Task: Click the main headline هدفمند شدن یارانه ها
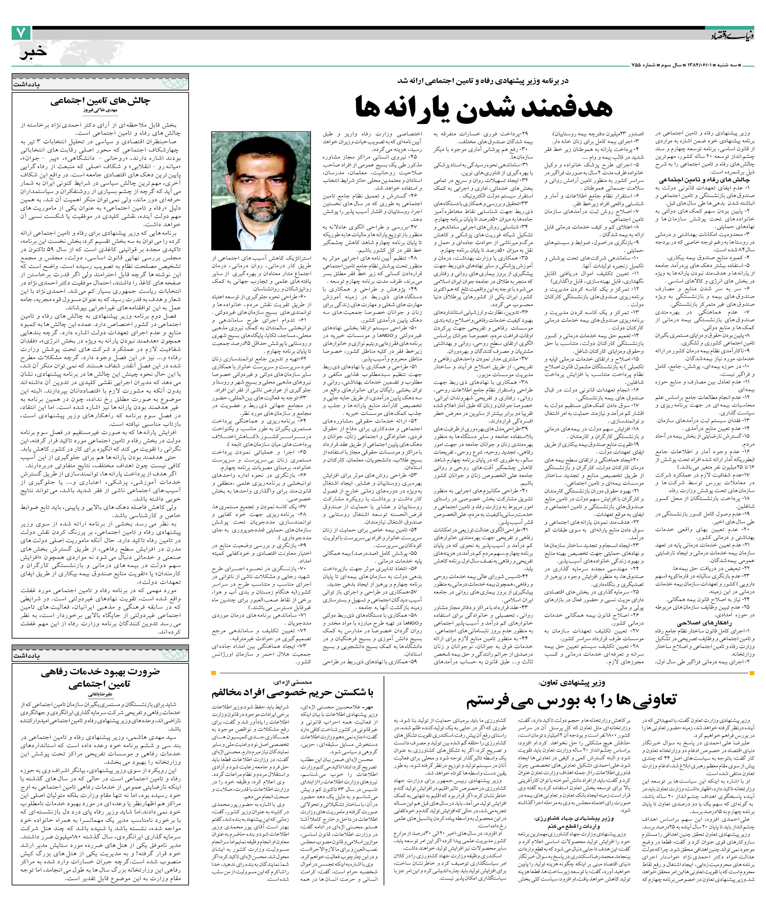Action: coord(484,107)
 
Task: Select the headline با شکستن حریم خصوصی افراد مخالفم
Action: coord(292,693)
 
